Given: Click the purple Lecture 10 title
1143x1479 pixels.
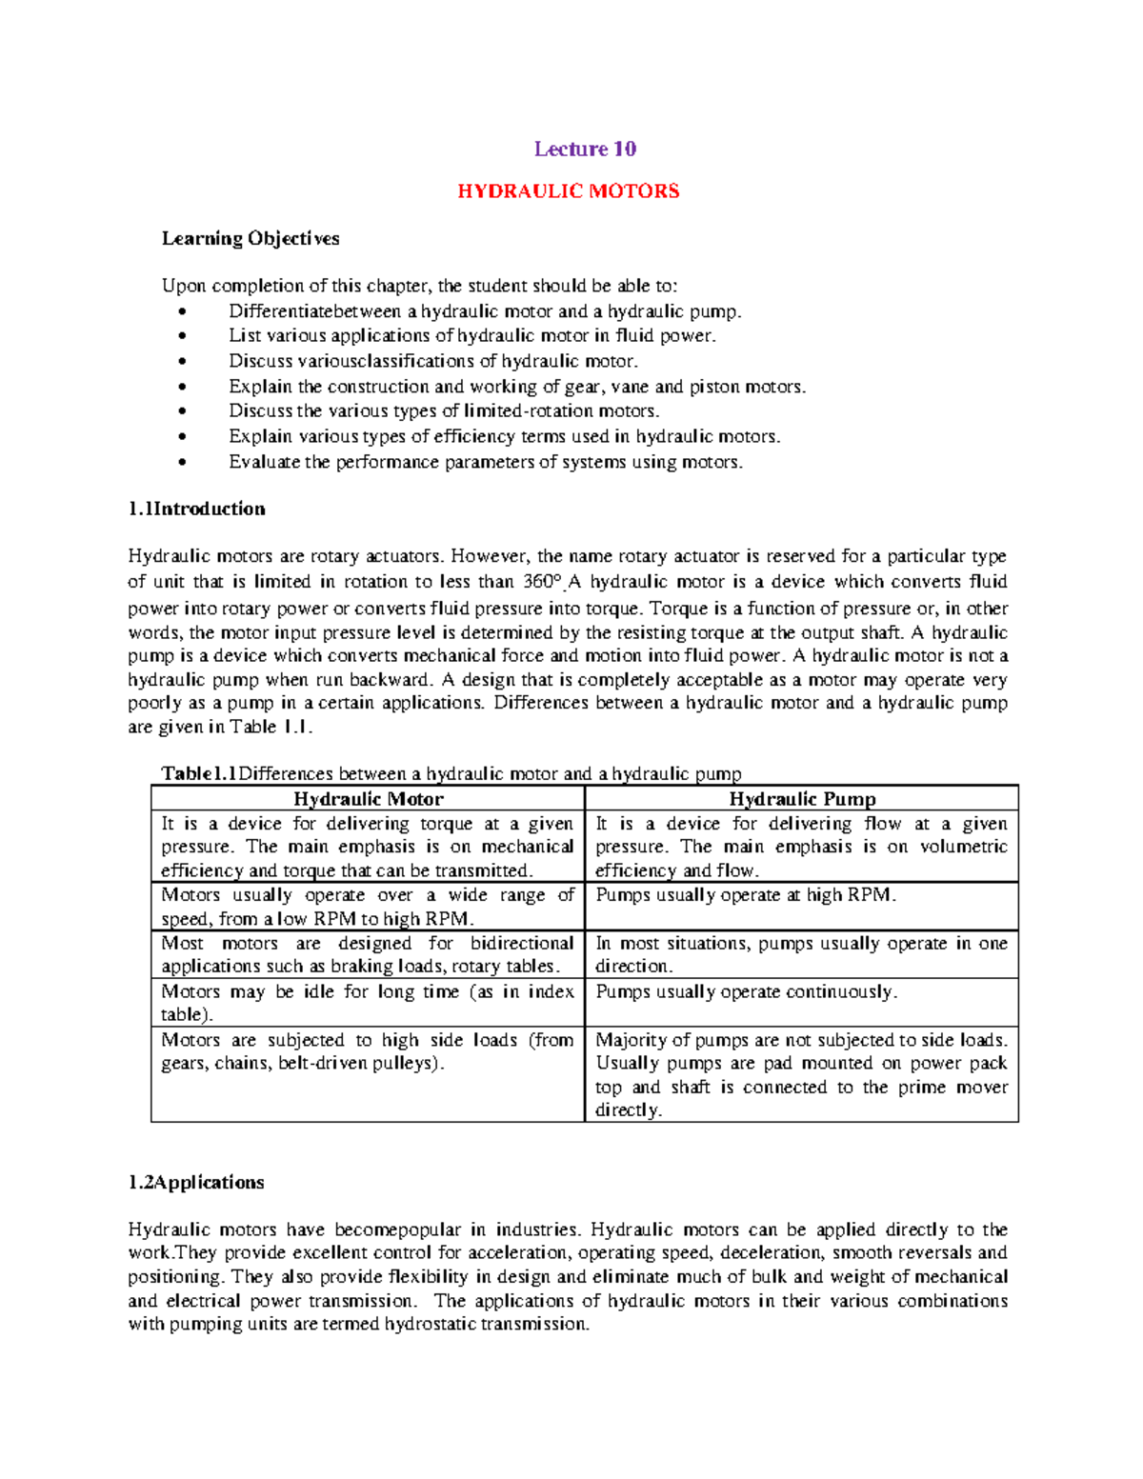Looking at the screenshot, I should click(x=585, y=149).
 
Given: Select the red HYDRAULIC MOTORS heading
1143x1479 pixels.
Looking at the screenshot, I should click(x=569, y=191).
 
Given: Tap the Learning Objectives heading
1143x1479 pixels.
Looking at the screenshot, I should click(x=251, y=238).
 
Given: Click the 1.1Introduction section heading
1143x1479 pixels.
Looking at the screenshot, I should click(x=197, y=509).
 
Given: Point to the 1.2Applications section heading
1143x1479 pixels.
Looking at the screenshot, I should click(x=196, y=1182).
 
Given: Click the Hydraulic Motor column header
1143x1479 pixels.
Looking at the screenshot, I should click(x=368, y=799).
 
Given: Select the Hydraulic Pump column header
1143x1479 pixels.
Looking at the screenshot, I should click(x=802, y=799).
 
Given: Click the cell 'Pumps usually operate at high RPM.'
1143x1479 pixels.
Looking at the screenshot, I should click(x=745, y=895).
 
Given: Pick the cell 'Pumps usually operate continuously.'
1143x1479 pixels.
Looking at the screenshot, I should click(x=746, y=991).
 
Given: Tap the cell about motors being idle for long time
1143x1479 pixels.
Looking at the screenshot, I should click(x=368, y=1003).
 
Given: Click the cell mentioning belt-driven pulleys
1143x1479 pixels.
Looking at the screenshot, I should click(x=368, y=1051).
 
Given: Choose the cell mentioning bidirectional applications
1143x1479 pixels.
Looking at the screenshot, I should click(x=368, y=954).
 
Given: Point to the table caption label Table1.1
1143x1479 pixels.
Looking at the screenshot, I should click(x=198, y=773).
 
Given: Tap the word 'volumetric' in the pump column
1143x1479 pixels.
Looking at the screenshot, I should click(x=963, y=847).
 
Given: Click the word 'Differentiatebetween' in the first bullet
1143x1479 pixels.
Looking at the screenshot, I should click(x=314, y=311).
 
